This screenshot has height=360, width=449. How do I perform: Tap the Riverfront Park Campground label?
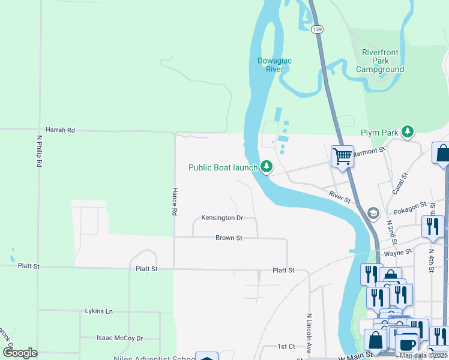(x=380, y=61)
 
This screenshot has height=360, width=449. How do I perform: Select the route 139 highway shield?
(x=316, y=28)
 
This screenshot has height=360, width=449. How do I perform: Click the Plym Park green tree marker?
(x=408, y=131)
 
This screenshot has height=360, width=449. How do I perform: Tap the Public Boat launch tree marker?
(x=266, y=167)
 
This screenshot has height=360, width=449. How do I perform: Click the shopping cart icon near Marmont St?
(x=342, y=157)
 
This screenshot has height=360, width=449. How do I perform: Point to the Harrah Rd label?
(x=60, y=130)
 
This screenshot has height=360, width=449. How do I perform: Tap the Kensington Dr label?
(x=221, y=218)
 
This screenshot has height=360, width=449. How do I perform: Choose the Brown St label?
(x=229, y=238)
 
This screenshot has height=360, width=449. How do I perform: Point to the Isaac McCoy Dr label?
(x=120, y=338)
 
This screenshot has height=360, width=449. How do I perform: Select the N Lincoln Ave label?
(x=310, y=332)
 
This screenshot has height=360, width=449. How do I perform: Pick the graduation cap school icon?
(x=373, y=214)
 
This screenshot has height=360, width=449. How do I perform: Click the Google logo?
(x=20, y=353)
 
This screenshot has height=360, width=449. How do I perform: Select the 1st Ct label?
(x=286, y=347)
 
